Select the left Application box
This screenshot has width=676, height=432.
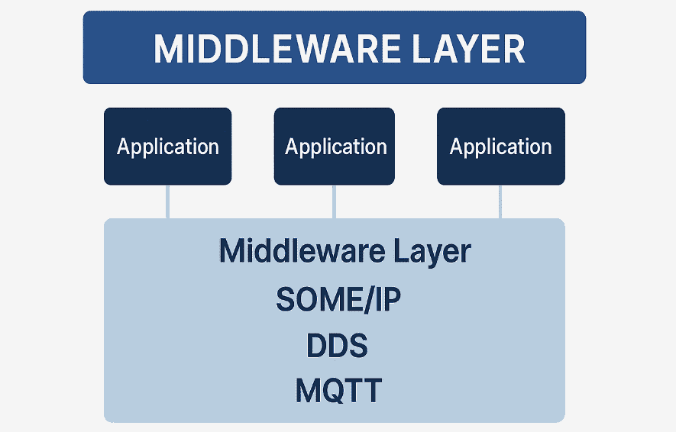pos(167,146)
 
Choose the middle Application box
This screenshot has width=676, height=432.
pos(335,146)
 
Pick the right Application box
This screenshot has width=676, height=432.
pos(500,146)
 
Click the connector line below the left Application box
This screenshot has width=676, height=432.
pos(167,201)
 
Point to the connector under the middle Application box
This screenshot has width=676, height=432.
pos(334,201)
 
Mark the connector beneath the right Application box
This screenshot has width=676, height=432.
pos(501,201)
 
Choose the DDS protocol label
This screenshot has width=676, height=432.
pos(337,346)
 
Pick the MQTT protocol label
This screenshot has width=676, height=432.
pos(338,391)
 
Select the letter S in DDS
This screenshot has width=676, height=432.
pos(357,346)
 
